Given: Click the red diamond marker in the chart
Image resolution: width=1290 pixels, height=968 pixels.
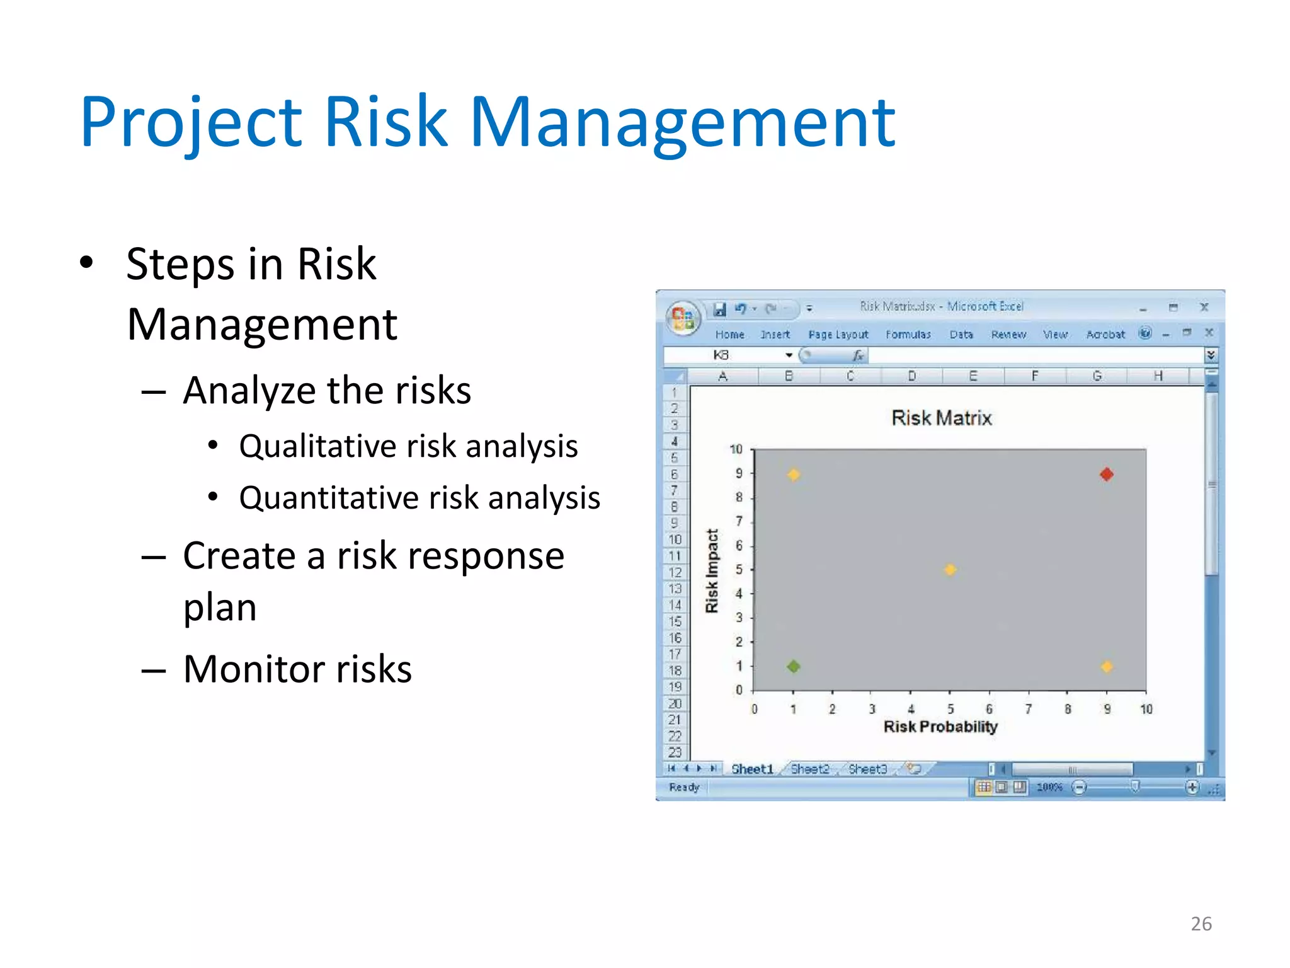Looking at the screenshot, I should (1107, 474).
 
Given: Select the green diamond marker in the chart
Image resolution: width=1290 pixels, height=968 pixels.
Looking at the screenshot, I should (794, 666).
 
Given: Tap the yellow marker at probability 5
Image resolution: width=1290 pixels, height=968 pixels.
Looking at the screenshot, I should (950, 570).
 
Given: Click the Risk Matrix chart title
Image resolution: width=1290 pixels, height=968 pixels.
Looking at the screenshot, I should (941, 418).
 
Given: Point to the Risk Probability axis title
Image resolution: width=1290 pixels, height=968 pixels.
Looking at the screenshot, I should (940, 727).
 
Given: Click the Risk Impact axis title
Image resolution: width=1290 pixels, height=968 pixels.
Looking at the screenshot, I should (712, 570).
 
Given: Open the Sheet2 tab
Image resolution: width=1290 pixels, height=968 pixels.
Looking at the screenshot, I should (809, 769).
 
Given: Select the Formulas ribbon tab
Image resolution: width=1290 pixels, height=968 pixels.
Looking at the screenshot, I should (908, 335).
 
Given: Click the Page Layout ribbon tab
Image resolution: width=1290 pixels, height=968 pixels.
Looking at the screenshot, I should (838, 335).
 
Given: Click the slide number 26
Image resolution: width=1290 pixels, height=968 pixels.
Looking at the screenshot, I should (1201, 923).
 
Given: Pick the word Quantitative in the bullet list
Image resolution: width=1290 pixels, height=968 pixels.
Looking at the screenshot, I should (329, 498).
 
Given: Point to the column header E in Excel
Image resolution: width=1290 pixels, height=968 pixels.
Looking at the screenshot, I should (973, 376).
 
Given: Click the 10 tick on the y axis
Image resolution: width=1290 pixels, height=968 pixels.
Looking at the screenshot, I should (736, 449).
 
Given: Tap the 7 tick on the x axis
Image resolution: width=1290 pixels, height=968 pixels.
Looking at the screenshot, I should (1028, 709).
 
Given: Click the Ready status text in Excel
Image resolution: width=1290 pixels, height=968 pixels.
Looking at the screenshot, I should (684, 787).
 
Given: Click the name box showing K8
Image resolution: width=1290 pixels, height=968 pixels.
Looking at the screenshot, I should (722, 355).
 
